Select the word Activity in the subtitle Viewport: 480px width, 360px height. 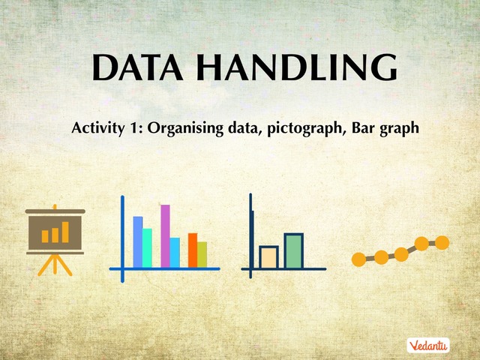(97, 127)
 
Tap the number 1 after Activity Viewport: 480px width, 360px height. (135, 127)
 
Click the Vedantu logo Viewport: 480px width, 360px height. (428, 346)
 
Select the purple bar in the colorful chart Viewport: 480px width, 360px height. (165, 235)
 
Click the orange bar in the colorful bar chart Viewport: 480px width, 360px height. (193, 250)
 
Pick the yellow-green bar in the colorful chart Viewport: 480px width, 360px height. (202, 253)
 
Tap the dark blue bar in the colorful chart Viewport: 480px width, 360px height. (138, 241)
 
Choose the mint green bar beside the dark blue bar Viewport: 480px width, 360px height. (147, 247)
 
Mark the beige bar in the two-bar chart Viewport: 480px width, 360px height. (268, 256)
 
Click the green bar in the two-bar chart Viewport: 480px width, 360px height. (293, 250)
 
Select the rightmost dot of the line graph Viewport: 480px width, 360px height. (442, 242)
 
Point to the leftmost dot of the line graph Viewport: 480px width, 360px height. (358, 259)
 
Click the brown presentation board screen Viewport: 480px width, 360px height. (55, 232)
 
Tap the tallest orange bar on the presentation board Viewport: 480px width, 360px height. (65, 232)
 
